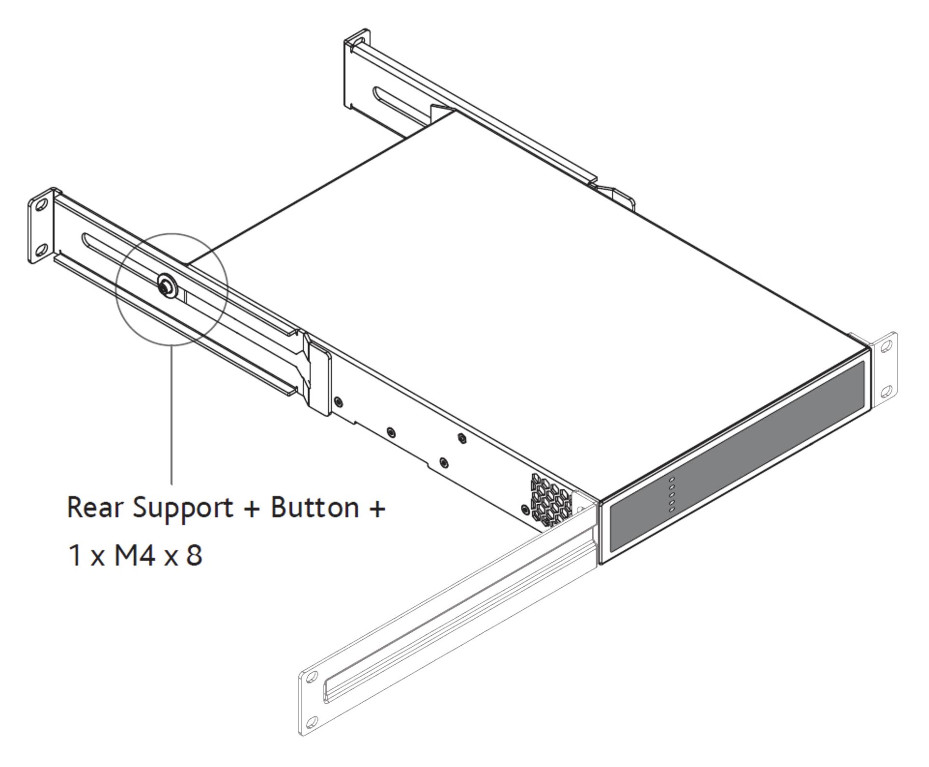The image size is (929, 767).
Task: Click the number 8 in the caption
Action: click(x=194, y=555)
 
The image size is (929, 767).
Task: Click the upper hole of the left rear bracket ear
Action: click(x=42, y=205)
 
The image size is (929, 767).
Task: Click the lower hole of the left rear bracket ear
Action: click(x=42, y=249)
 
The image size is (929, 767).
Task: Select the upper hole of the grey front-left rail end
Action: click(x=312, y=677)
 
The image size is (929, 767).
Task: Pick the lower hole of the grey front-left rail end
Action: click(x=312, y=723)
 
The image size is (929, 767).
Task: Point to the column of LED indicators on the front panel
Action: click(x=671, y=495)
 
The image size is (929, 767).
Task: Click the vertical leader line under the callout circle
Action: click(x=172, y=415)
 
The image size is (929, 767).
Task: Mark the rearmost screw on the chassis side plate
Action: click(x=339, y=401)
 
